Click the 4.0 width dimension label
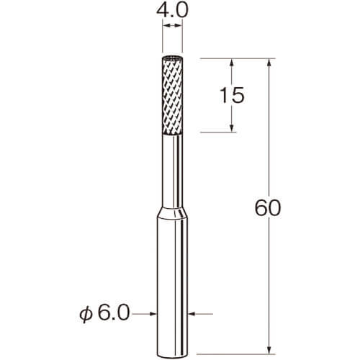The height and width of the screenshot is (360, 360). point(172,11)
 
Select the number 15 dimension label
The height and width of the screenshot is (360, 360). point(232,95)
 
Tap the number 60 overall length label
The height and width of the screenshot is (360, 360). point(267,208)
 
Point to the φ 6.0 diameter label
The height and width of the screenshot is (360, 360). point(104,313)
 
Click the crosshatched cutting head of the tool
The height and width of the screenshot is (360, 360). point(172,96)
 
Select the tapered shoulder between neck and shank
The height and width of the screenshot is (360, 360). point(172,213)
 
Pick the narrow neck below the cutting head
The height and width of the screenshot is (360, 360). point(172,171)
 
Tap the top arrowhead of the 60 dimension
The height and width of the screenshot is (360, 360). point(269,63)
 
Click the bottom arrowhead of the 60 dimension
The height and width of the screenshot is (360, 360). point(269,349)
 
